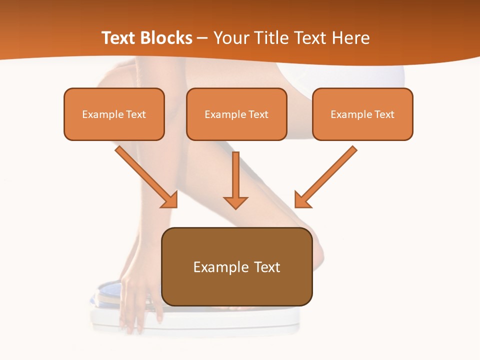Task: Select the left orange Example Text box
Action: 114,114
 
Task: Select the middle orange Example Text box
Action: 236,114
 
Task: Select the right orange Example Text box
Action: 362,114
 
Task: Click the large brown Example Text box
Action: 237,266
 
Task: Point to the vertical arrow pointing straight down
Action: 235,177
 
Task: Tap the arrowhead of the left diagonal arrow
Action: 170,200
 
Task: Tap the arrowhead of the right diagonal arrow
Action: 302,200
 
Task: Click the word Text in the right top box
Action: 383,114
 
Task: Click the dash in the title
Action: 202,38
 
